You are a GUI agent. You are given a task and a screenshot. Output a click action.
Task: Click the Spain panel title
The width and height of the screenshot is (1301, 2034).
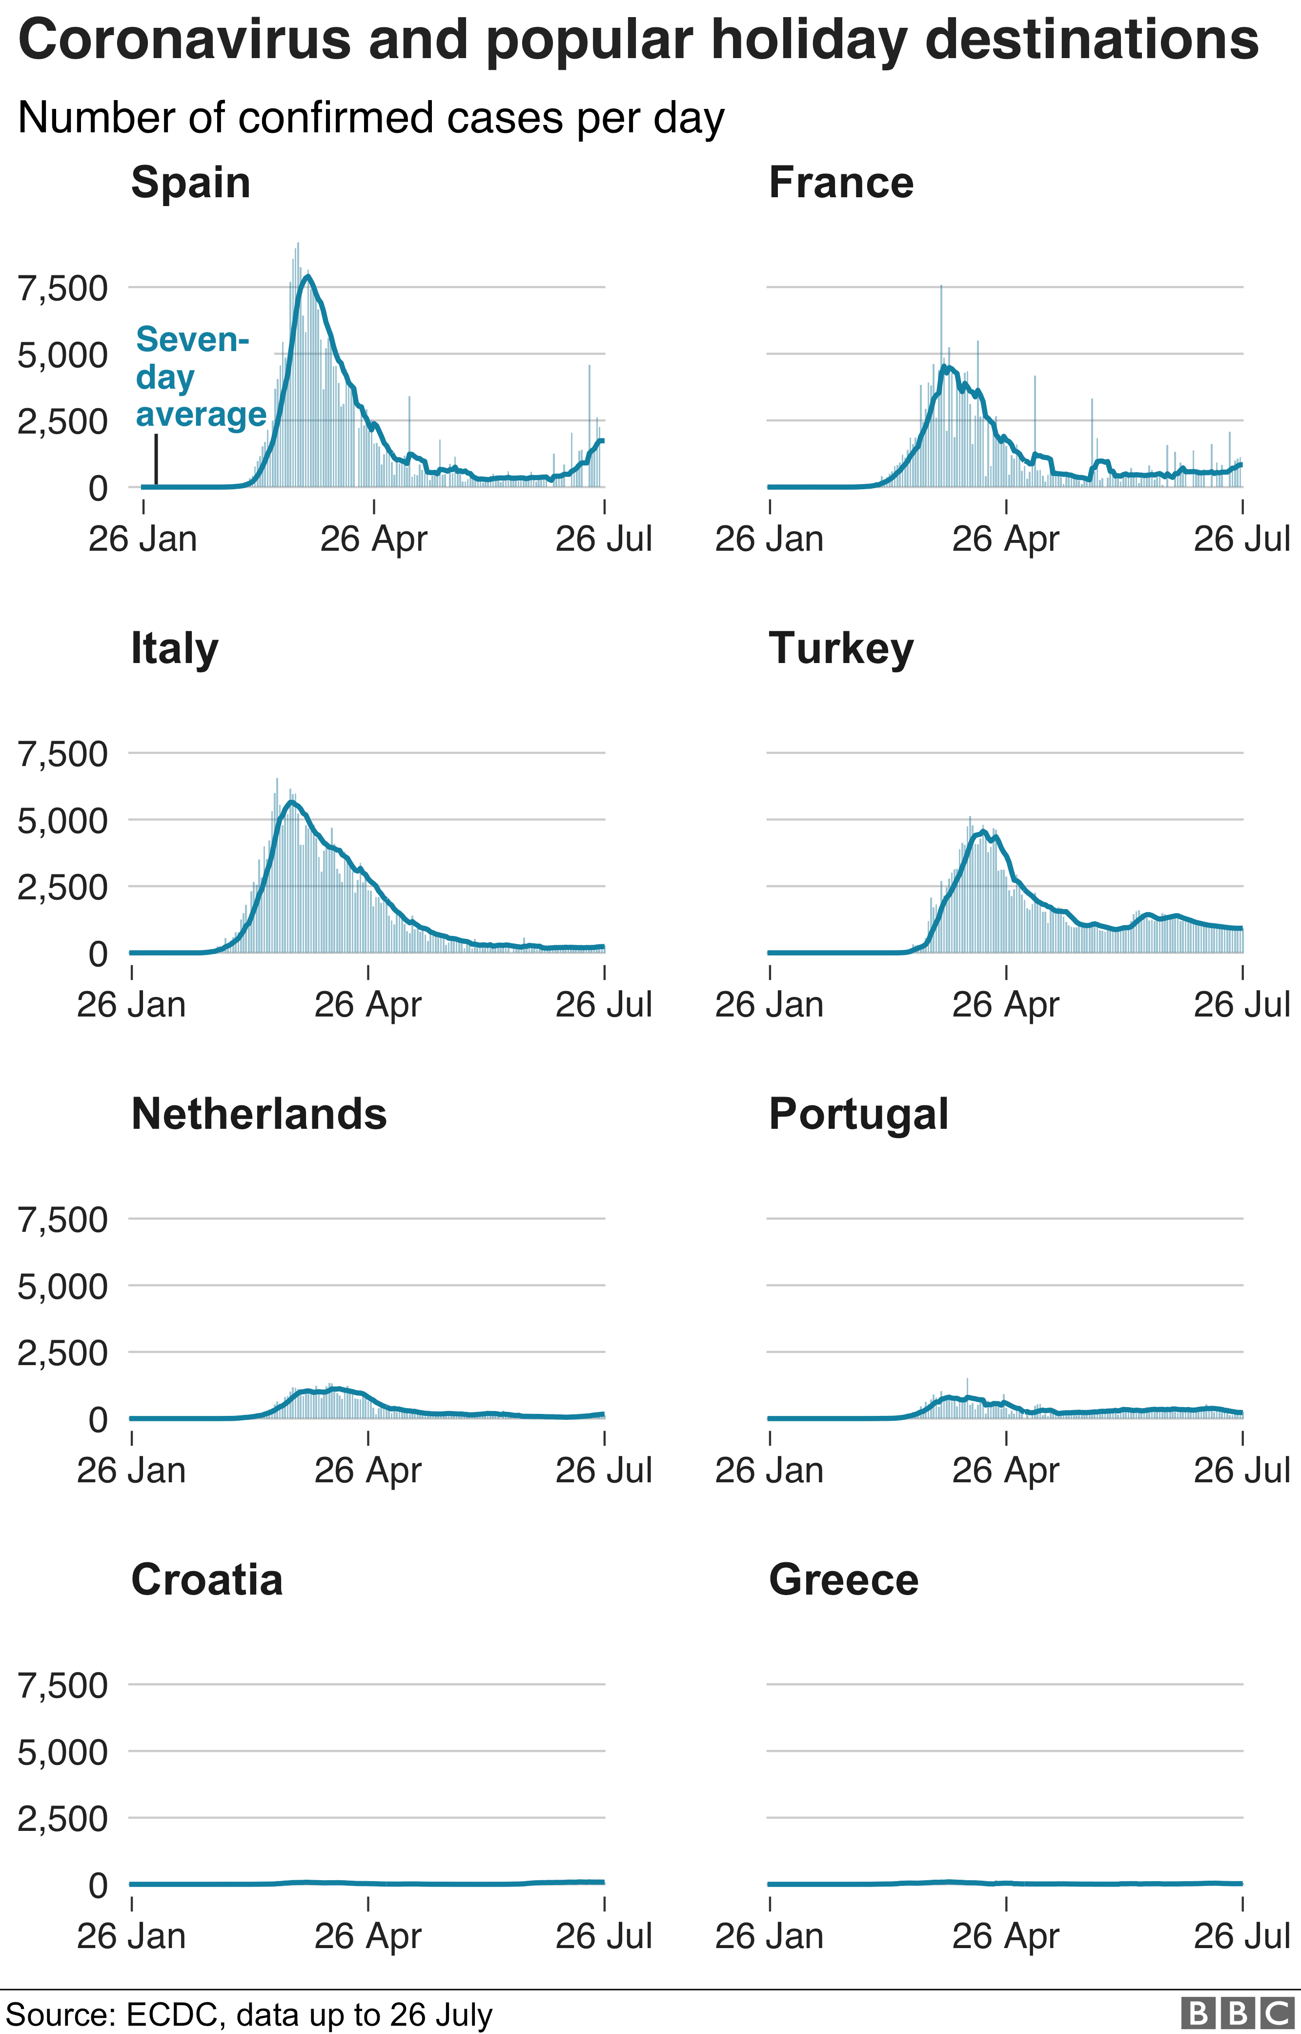pos(191,183)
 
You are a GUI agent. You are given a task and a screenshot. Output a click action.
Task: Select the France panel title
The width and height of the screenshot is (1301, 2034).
pos(841,183)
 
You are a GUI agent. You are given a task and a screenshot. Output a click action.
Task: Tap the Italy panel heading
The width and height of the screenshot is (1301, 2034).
pos(175,649)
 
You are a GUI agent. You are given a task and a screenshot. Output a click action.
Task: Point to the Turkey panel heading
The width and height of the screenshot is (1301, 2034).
pos(841,649)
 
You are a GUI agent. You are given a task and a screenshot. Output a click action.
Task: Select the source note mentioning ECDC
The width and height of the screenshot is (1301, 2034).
pos(249,2014)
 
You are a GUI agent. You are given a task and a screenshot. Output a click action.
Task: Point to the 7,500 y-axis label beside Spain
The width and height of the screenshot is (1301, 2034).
pos(63,288)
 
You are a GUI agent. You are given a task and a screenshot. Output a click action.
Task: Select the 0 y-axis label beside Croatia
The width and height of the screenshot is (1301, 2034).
pos(98,1885)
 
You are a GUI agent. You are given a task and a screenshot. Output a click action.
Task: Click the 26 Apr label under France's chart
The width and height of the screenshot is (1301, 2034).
pos(1005,539)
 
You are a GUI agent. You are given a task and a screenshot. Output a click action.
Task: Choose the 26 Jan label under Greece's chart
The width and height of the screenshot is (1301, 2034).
pos(769,1936)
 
